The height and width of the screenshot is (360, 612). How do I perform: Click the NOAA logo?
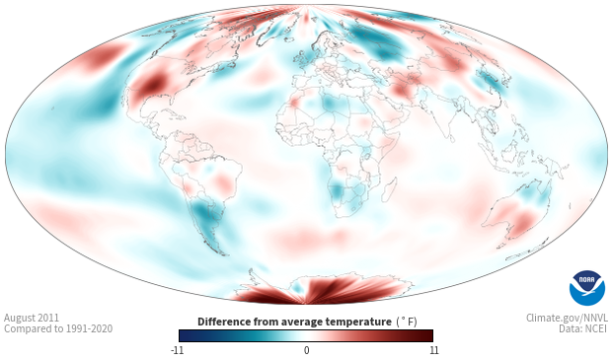click(x=587, y=287)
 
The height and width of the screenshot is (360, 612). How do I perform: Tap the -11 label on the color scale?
click(x=177, y=350)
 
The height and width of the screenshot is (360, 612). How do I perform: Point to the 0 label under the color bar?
click(x=306, y=350)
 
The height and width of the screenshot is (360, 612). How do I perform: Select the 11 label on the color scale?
click(x=434, y=350)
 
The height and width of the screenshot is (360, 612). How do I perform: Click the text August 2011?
click(x=32, y=318)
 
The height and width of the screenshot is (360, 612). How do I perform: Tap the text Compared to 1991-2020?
click(x=58, y=328)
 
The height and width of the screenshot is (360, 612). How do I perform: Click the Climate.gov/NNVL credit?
click(x=567, y=318)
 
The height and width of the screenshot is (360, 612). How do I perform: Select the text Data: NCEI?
click(x=583, y=328)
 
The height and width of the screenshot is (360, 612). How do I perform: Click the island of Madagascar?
click(x=389, y=189)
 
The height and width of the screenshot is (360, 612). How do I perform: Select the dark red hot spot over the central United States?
click(x=152, y=84)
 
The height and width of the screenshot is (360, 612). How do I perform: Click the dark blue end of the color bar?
click(x=183, y=335)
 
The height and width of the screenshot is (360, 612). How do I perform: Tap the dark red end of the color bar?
click(x=429, y=335)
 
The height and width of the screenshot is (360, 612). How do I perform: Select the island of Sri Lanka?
click(x=452, y=138)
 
